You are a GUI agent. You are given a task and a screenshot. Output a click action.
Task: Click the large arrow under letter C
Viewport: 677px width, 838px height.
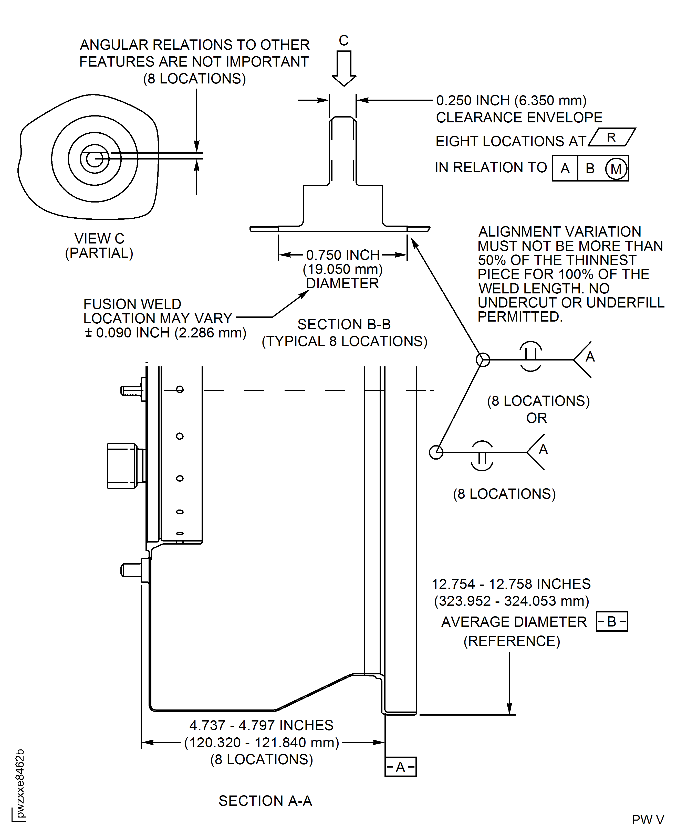pos(343,68)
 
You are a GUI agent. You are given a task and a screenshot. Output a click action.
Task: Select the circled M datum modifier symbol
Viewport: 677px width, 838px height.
pos(616,169)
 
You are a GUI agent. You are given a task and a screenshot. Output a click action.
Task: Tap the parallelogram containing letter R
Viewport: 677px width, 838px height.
pos(611,137)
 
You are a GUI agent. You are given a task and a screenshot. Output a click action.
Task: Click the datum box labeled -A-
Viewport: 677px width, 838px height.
pos(400,767)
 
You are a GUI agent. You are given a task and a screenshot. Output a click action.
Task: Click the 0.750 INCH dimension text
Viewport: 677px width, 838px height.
pos(342,255)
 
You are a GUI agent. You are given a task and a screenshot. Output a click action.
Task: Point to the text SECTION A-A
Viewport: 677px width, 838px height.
pos(265,801)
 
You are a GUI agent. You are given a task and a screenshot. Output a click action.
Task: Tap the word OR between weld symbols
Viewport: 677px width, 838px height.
pos(537,418)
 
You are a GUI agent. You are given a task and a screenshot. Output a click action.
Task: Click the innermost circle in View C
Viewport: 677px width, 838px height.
pos(94,159)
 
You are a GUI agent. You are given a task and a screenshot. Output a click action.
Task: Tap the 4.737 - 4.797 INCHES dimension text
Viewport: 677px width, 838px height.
pos(261,725)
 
